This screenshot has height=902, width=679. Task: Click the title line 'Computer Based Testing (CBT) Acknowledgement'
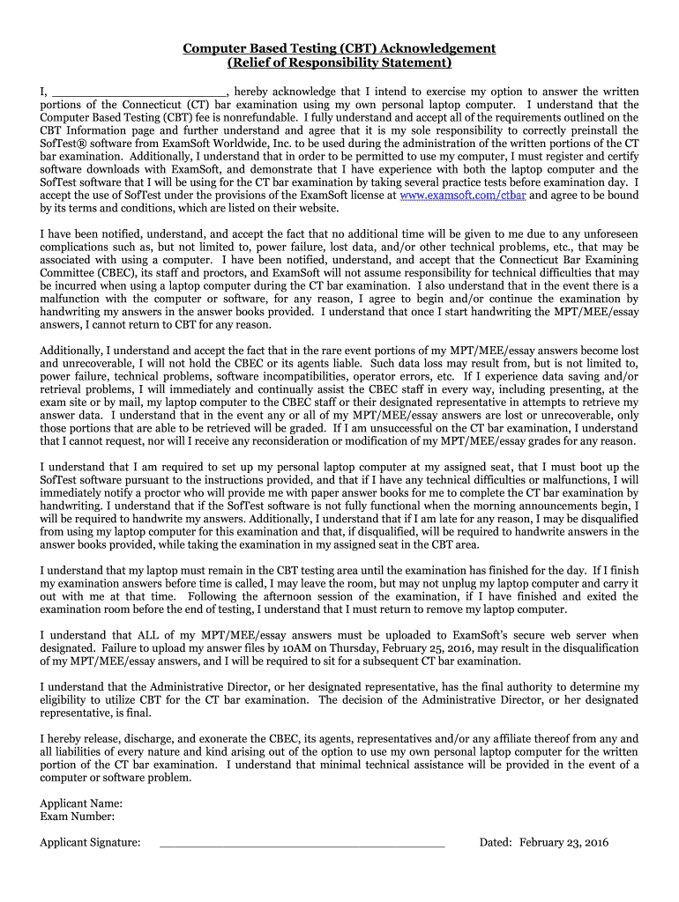coord(339,48)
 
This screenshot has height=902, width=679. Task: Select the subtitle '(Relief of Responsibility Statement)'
coord(339,63)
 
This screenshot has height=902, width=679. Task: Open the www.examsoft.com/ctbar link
coord(463,195)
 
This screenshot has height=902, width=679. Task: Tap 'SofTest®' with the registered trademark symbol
coord(63,143)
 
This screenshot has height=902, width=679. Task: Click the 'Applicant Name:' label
coord(81,803)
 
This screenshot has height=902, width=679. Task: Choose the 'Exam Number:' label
coord(78,817)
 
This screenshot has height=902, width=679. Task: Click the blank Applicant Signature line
coord(302,844)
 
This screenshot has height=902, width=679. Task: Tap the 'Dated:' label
coord(496,842)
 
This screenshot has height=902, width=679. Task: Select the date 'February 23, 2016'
coord(563,842)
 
